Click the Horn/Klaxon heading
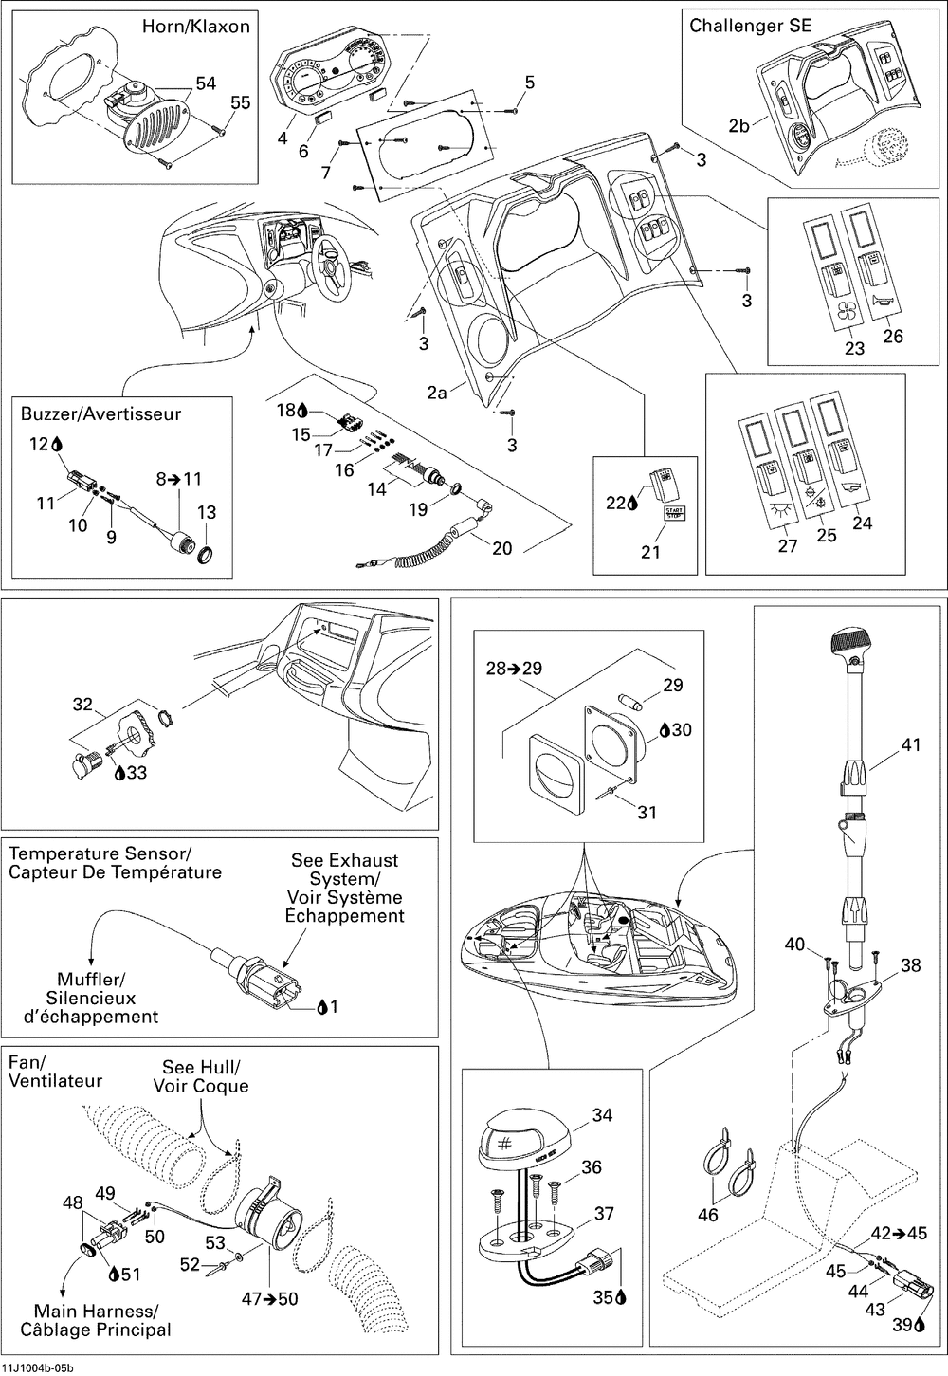pyautogui.click(x=195, y=27)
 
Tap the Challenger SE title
pyautogui.click(x=750, y=26)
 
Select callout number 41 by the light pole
pyautogui.click(x=910, y=746)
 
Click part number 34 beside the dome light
pyautogui.click(x=602, y=1116)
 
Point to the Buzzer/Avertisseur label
pyautogui.click(x=100, y=414)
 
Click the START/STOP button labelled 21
pyautogui.click(x=675, y=514)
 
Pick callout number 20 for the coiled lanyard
pyautogui.click(x=501, y=548)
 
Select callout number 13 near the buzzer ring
pyautogui.click(x=207, y=513)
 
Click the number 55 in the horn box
pyautogui.click(x=241, y=102)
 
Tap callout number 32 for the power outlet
pyautogui.click(x=83, y=705)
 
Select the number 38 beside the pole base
pyautogui.click(x=910, y=965)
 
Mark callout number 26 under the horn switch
pyautogui.click(x=893, y=336)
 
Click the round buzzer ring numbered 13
pyautogui.click(x=206, y=552)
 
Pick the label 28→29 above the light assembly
pyautogui.click(x=515, y=669)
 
